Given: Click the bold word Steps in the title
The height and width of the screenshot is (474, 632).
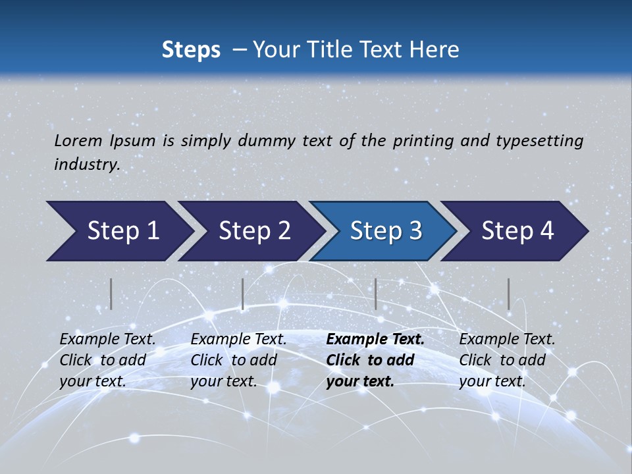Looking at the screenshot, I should click(191, 49).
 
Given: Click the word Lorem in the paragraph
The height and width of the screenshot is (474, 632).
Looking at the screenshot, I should click(78, 140).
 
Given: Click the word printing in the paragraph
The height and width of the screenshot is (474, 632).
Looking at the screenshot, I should click(424, 140).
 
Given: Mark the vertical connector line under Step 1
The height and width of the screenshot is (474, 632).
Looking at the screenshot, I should click(111, 294).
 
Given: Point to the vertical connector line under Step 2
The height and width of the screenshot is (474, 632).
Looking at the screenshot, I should click(243, 294).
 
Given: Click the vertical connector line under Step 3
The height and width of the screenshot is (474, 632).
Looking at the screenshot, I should click(375, 294).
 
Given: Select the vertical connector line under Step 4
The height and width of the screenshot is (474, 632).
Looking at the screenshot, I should click(508, 294).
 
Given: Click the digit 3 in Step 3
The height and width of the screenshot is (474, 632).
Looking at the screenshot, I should click(415, 231).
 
